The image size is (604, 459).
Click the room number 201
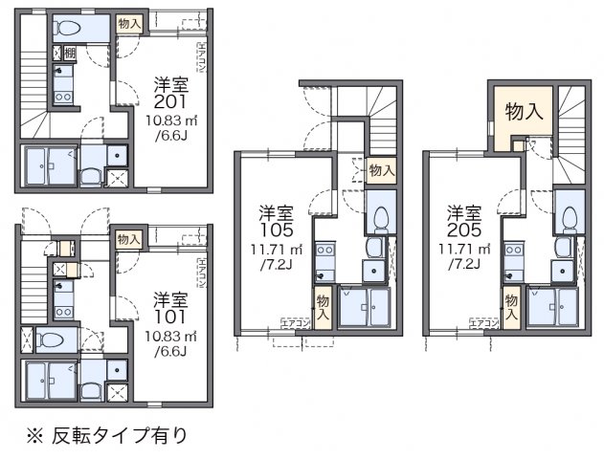pyautogui.click(x=172, y=102)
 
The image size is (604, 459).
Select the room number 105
pyautogui.click(x=276, y=229)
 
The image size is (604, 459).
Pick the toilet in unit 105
pyautogui.click(x=380, y=218)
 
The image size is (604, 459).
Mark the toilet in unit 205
pyautogui.click(x=570, y=218)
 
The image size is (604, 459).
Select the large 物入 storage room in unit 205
pyautogui.click(x=524, y=112)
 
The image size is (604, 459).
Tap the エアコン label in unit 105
pyautogui.click(x=294, y=323)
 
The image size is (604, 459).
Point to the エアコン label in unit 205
pyautogui.click(x=483, y=323)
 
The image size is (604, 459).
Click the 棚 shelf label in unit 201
pyautogui.click(x=68, y=54)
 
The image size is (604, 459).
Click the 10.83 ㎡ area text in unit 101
pyautogui.click(x=172, y=337)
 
